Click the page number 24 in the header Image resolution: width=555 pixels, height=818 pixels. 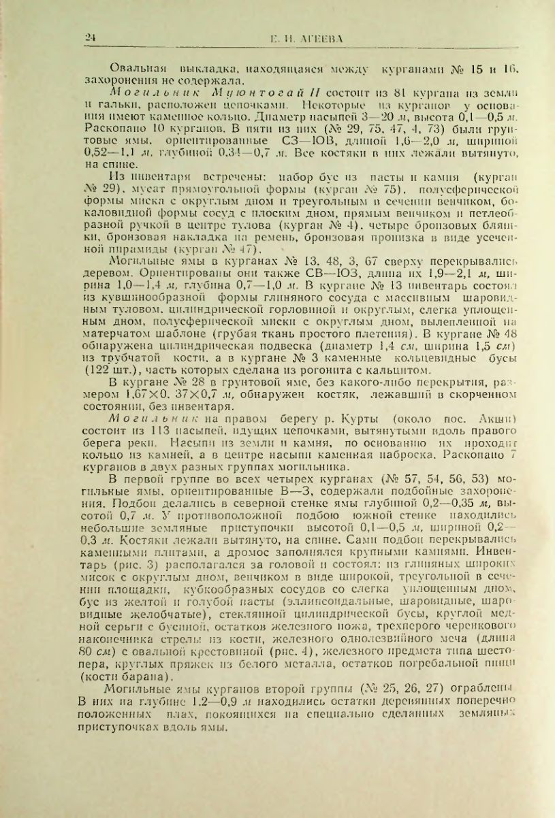pos(89,39)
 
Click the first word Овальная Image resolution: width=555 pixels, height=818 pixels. pos(136,69)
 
